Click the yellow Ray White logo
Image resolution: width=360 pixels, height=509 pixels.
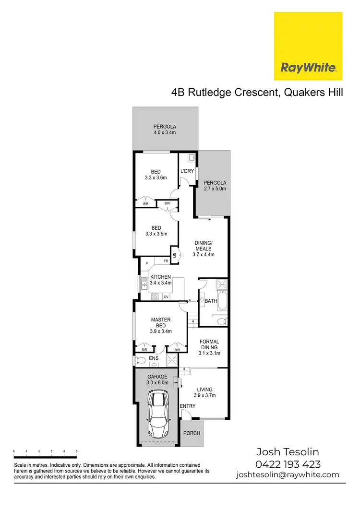pos(308,46)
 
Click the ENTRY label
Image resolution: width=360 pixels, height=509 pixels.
pos(188,406)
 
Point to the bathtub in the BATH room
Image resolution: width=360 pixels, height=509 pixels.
pos(203,301)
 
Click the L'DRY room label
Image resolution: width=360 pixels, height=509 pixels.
pos(186,172)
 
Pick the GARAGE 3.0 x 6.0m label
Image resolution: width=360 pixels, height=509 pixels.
pos(157,380)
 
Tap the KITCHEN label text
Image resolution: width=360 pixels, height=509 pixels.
pos(160,277)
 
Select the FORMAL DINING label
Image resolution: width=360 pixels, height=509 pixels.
pos(209,344)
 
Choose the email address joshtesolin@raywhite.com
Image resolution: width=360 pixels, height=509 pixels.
pos(288,475)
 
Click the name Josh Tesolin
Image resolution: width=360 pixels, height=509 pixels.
pos(288,452)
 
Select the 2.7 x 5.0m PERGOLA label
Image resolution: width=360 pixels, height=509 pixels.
pos(215,186)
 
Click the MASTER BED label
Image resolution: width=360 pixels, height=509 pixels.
pos(161,322)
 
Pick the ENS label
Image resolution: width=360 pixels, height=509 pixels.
pos(154,358)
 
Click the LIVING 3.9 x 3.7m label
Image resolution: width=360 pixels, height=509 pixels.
pos(204,392)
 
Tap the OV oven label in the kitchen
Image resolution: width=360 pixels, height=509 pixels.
pos(166,297)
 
